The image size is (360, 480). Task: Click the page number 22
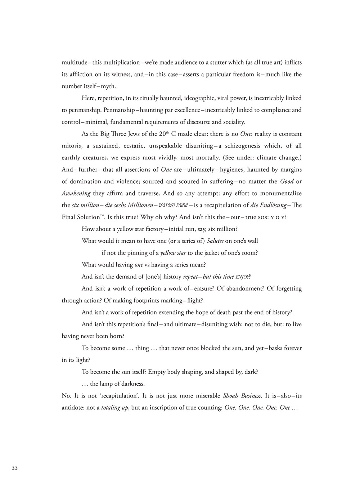coord(14,468)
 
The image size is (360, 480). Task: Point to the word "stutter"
coord(197,62)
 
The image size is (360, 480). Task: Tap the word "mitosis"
coord(72,146)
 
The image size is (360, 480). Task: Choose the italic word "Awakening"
coord(76,193)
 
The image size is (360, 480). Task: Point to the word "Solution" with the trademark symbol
coord(87,217)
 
